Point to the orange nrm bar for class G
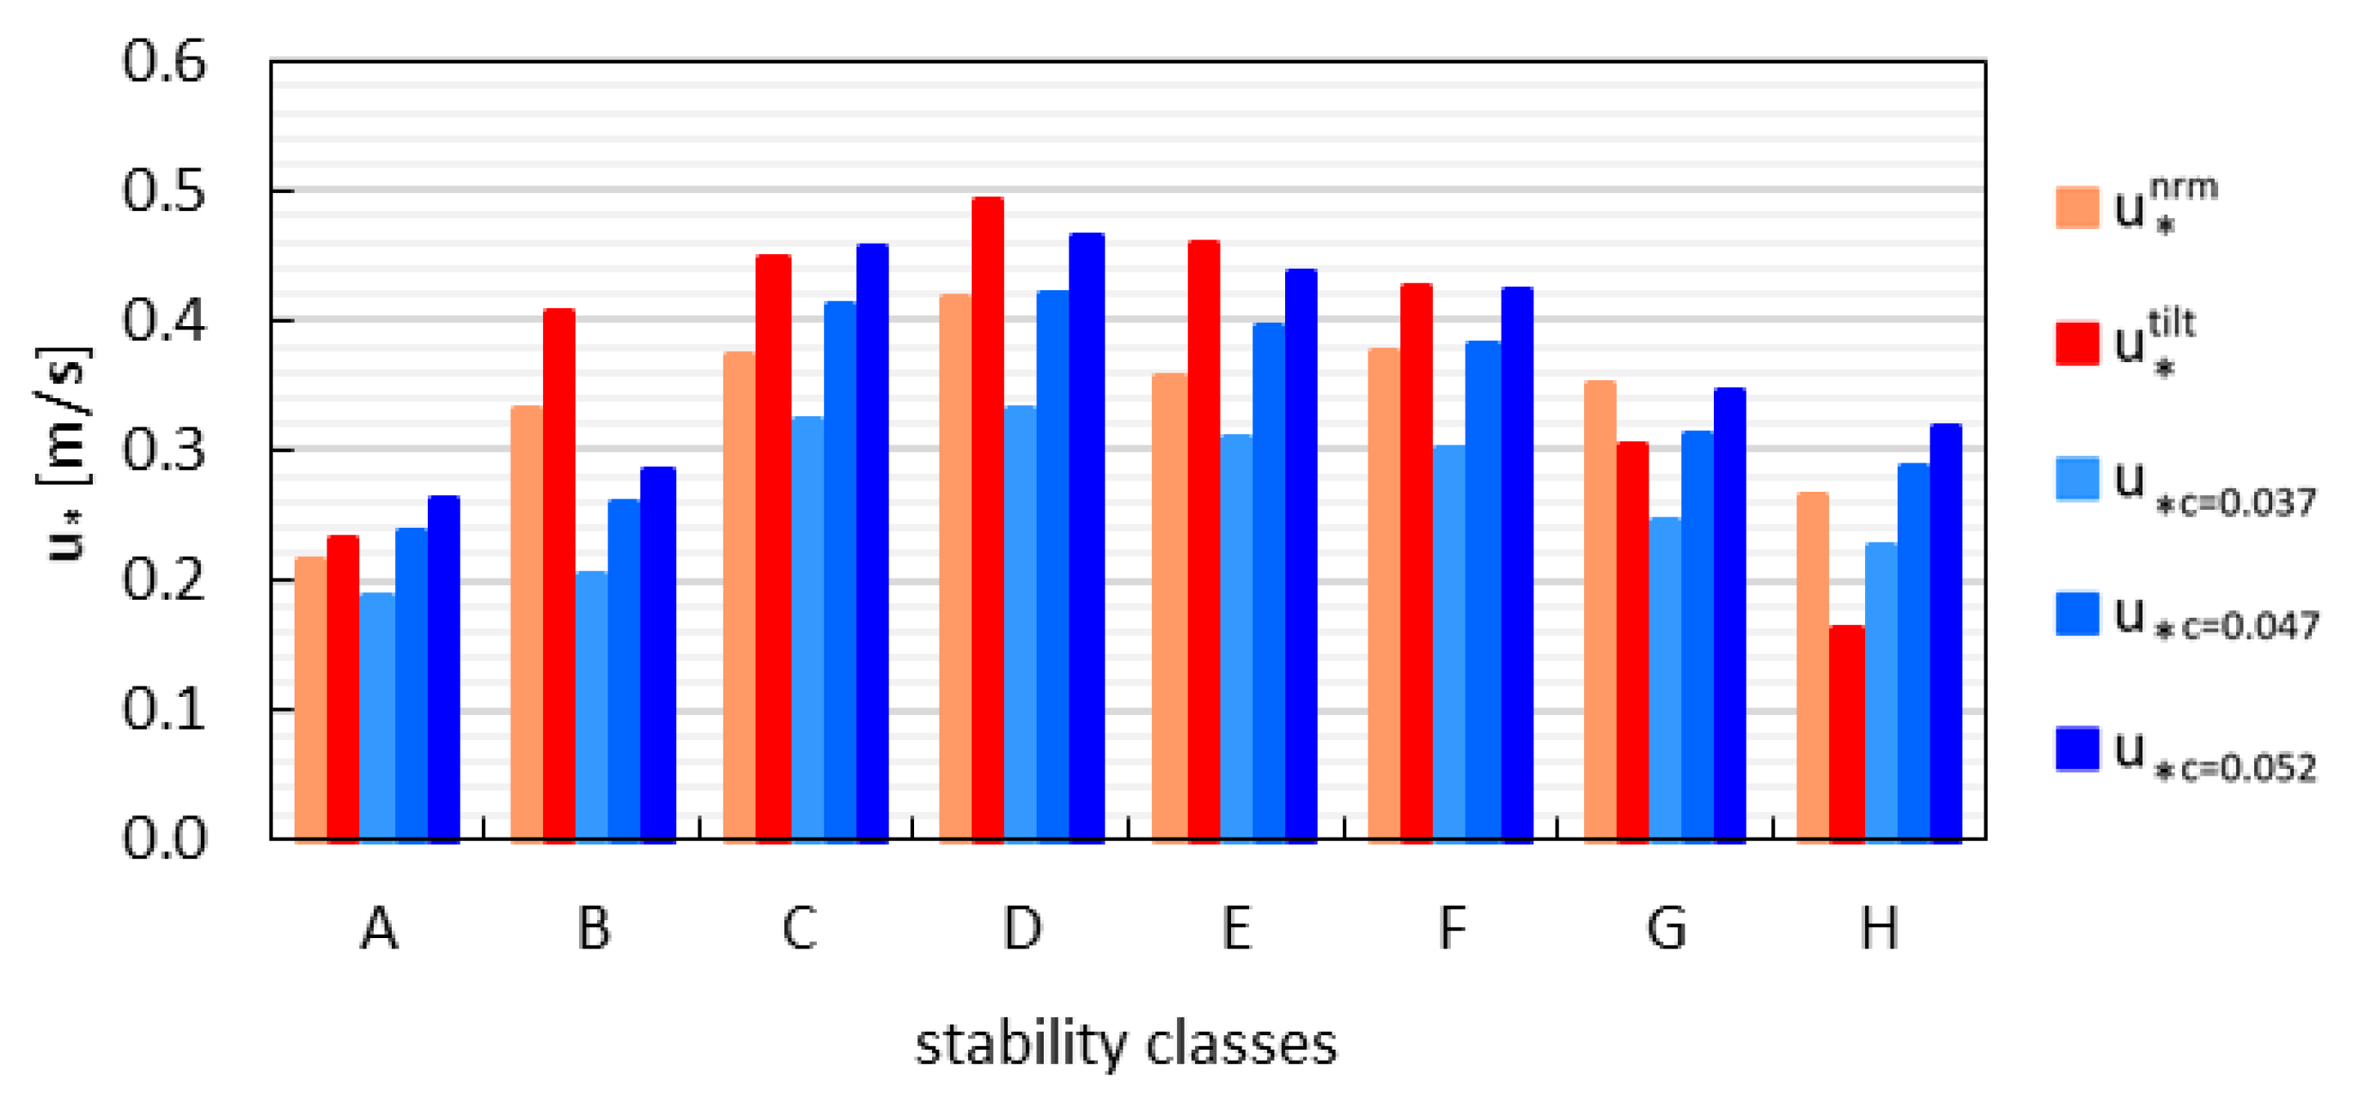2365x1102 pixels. pyautogui.click(x=1600, y=609)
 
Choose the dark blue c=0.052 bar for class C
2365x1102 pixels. pyautogui.click(x=871, y=542)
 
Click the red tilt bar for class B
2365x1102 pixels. pyautogui.click(x=558, y=573)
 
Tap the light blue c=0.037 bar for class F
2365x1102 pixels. pyautogui.click(x=1448, y=641)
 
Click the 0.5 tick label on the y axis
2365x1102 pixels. pyautogui.click(x=164, y=191)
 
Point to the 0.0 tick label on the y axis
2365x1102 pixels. pyautogui.click(x=164, y=839)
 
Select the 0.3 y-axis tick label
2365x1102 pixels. pyautogui.click(x=164, y=451)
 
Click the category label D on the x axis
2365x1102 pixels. pyautogui.click(x=1021, y=929)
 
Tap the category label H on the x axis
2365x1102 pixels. pyautogui.click(x=1879, y=929)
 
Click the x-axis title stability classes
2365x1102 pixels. pyautogui.click(x=1125, y=1044)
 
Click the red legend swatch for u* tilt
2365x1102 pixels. pyautogui.click(x=2076, y=344)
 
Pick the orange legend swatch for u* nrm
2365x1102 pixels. pyautogui.click(x=2076, y=208)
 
